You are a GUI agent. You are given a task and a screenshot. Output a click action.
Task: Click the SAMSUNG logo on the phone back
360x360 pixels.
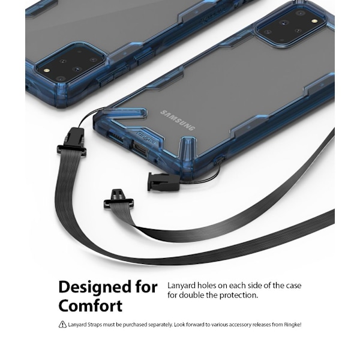click(178, 121)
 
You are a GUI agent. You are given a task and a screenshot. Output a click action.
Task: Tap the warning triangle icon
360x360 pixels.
click(62, 325)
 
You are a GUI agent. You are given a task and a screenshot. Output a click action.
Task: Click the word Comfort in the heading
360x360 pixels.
click(91, 305)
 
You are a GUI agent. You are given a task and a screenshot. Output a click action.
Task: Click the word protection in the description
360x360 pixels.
click(239, 295)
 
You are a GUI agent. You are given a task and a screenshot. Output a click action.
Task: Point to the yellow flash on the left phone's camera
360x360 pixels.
click(47, 71)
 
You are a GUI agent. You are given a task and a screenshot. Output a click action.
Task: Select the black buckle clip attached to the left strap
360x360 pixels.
click(71, 142)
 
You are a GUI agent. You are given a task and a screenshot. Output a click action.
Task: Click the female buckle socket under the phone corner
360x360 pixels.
click(163, 182)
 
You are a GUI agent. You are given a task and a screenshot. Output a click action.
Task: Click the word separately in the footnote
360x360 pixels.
click(160, 325)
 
